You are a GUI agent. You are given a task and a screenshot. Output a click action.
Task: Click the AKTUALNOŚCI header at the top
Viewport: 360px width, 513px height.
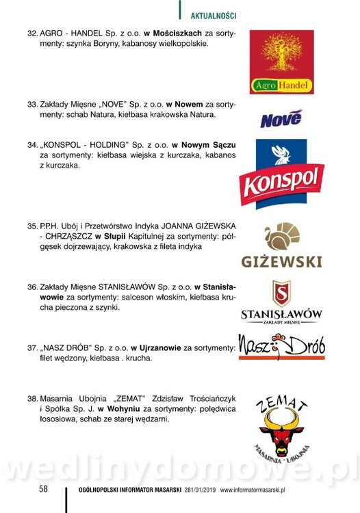click(x=213, y=14)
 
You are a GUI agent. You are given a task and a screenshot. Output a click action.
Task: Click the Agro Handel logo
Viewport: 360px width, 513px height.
click(x=281, y=62)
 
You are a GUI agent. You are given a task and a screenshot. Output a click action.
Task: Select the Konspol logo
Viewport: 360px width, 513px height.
click(x=281, y=174)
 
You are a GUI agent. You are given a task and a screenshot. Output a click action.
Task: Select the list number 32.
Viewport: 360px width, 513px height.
click(x=32, y=33)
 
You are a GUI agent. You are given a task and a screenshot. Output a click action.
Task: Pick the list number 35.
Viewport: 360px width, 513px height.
click(x=32, y=225)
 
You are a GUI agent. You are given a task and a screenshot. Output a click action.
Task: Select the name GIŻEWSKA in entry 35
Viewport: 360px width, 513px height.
click(x=208, y=225)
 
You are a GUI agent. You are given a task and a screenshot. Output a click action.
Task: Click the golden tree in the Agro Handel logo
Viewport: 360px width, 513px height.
click(x=281, y=55)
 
